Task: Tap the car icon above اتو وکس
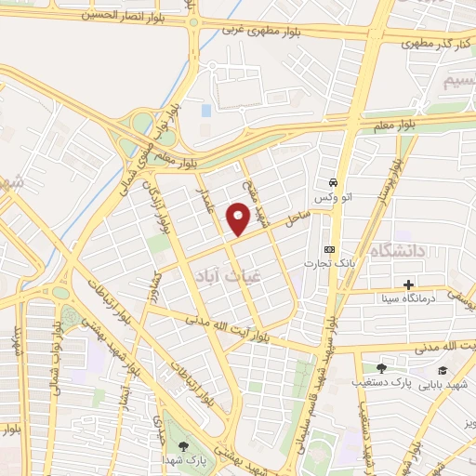[333, 182]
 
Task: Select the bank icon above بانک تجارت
[329, 249]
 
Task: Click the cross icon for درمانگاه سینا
[408, 284]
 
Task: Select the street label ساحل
[296, 222]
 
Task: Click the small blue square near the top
[205, 110]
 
